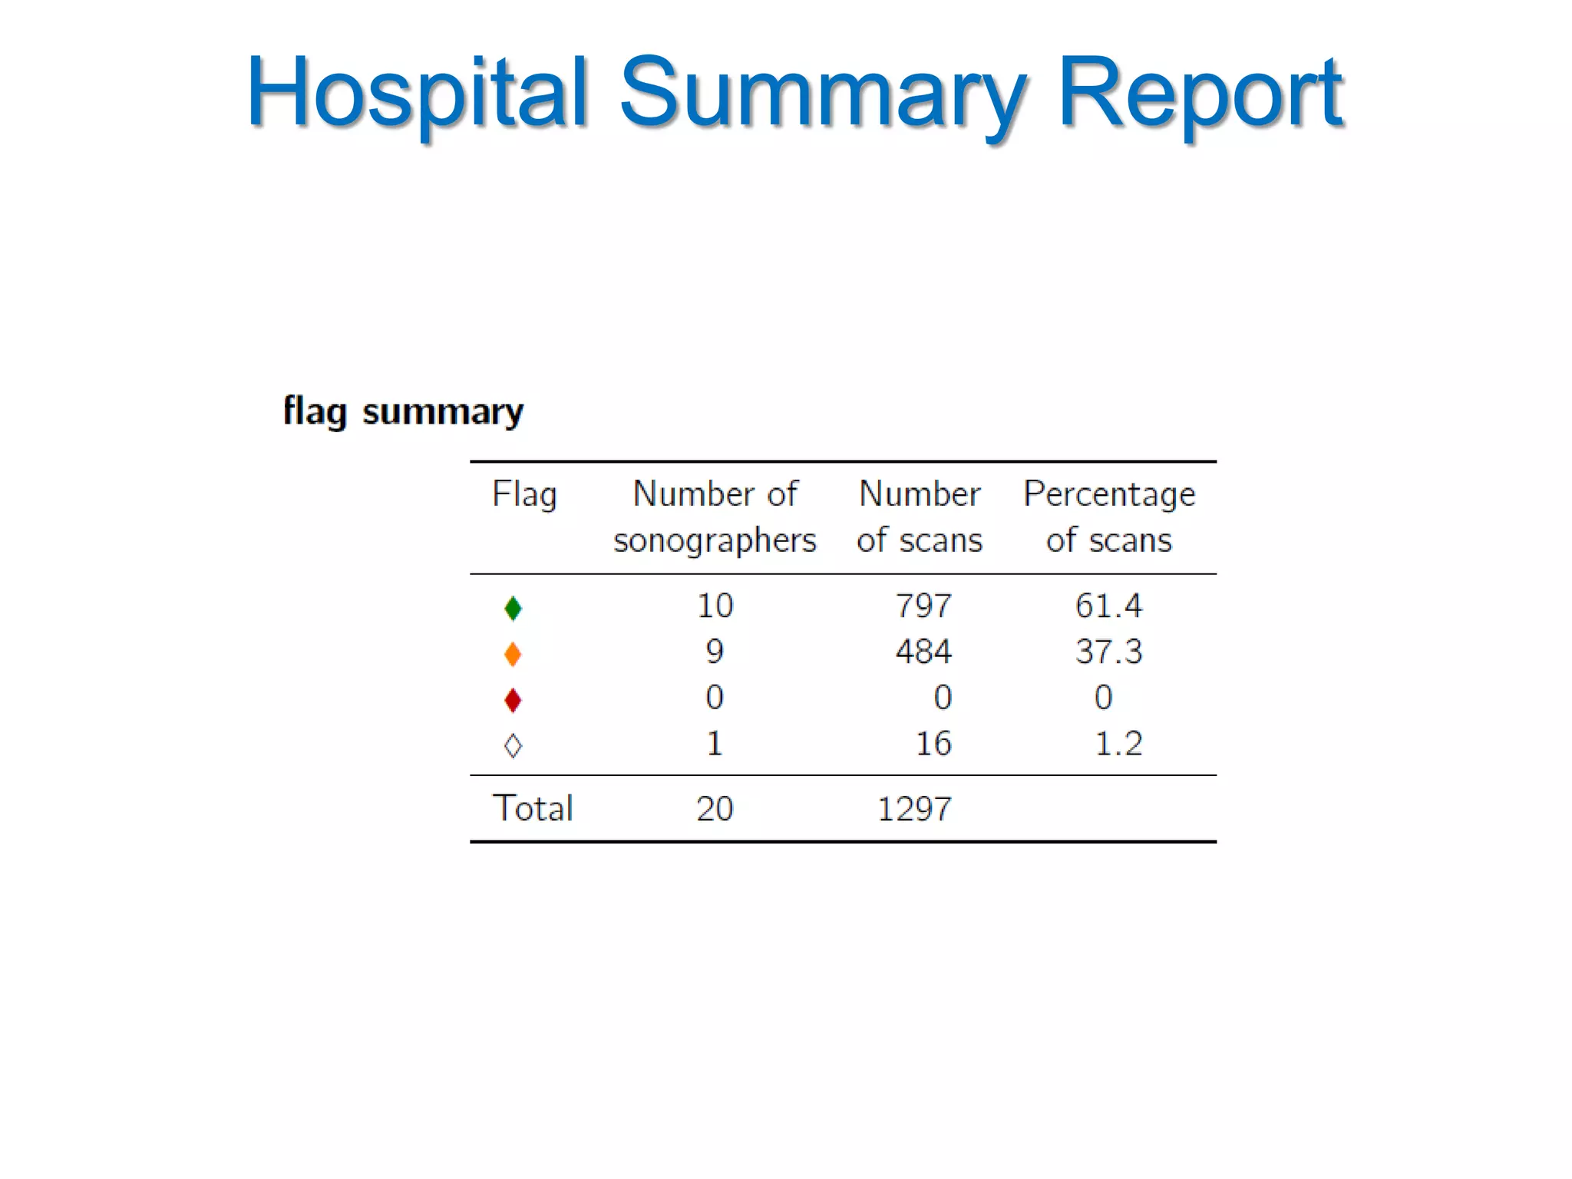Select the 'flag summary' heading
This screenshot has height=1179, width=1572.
403,411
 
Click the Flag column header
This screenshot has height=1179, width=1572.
524,494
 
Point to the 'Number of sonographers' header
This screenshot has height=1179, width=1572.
715,517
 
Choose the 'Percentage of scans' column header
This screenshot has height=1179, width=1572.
1109,517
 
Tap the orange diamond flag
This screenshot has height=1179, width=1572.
514,654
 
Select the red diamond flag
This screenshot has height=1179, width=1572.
514,700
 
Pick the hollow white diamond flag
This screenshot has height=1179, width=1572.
514,745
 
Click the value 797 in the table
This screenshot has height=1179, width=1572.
923,606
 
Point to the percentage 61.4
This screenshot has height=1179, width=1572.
1108,606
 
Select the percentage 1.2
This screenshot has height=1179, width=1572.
1118,744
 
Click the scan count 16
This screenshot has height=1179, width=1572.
933,744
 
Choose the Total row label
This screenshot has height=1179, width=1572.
533,808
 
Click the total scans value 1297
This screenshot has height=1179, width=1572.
914,809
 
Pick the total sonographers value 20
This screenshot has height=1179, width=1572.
715,809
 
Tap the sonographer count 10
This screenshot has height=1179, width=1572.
715,606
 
